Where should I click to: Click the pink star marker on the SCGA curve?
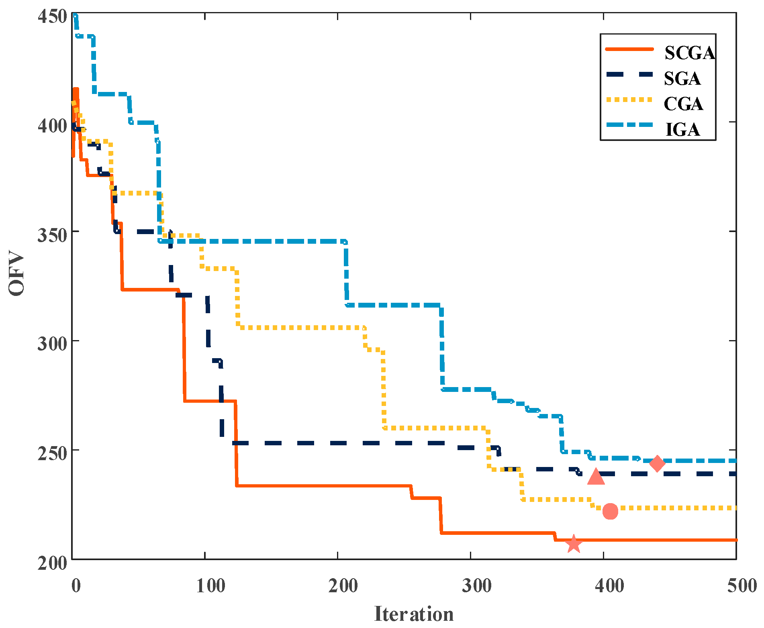574,544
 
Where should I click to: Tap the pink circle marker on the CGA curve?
610,511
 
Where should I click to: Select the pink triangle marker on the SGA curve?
596,477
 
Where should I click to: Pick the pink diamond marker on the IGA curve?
657,463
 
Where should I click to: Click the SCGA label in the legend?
689,53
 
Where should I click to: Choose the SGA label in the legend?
682,79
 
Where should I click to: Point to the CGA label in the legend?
683,104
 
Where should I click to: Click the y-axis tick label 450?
51,16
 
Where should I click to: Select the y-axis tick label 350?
51,235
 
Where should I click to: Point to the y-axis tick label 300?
51,345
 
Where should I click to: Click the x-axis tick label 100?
210,586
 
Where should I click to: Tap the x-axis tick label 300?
476,586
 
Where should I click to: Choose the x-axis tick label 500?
742,586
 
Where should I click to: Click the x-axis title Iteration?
414,614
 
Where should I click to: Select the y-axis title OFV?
17,273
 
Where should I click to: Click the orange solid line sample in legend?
629,49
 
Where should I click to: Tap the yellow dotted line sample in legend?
629,100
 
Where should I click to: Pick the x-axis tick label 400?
609,586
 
